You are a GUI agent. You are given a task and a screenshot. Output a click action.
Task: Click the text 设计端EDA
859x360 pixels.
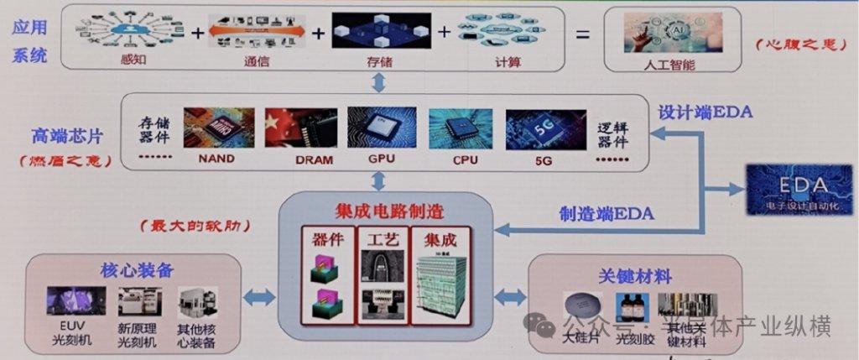point(705,112)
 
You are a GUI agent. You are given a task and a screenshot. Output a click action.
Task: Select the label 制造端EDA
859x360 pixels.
point(607,214)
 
